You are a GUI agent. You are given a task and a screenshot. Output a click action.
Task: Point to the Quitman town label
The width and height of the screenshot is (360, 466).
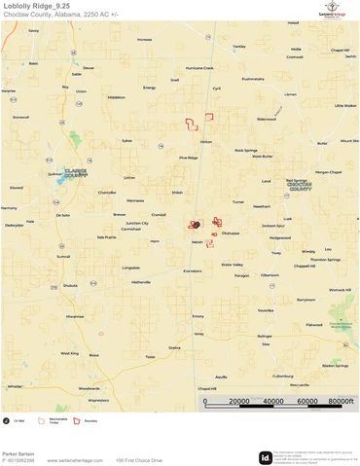(x=45, y=175)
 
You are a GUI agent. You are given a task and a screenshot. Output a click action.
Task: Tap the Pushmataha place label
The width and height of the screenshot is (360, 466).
(x=252, y=79)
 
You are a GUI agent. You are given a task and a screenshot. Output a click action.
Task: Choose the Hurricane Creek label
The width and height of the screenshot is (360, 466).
(x=199, y=68)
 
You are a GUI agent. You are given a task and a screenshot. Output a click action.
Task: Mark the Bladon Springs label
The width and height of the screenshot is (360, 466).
(x=335, y=366)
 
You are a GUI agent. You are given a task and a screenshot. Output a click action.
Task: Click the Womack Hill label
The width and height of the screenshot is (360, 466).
(x=339, y=290)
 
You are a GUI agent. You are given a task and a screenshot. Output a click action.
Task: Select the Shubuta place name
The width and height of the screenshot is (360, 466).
(x=70, y=286)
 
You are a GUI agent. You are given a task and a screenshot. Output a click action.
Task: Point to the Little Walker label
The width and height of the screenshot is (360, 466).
(x=344, y=106)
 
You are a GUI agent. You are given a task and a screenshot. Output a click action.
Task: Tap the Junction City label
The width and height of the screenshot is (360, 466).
(x=137, y=223)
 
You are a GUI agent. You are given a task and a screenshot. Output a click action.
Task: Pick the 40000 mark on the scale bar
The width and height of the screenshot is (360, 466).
(x=273, y=402)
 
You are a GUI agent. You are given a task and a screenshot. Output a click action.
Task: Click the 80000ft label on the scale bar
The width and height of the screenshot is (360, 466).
(x=340, y=402)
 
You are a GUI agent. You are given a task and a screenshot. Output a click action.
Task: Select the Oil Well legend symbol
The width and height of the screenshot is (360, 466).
(x=7, y=421)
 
